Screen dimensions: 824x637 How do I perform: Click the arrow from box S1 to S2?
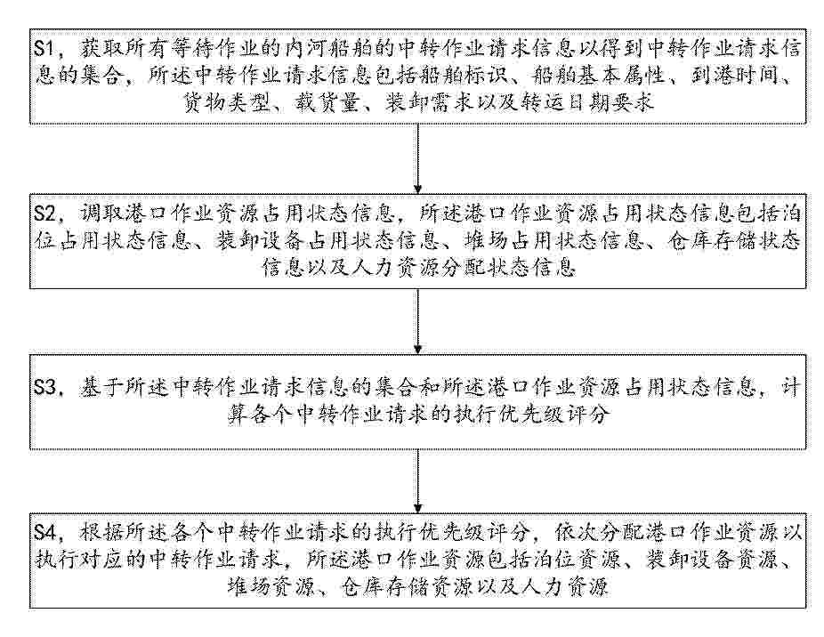[x=417, y=158]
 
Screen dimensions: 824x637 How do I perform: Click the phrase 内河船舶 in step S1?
[x=329, y=50]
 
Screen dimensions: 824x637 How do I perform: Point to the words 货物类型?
[x=226, y=103]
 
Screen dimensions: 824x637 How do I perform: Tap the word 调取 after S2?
[x=101, y=214]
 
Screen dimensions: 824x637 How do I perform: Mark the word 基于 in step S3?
[x=101, y=388]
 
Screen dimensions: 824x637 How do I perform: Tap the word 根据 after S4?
[x=101, y=533]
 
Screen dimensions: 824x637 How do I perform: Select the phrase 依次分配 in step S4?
[x=599, y=533]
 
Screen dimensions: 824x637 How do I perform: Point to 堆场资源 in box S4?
[x=271, y=586]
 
